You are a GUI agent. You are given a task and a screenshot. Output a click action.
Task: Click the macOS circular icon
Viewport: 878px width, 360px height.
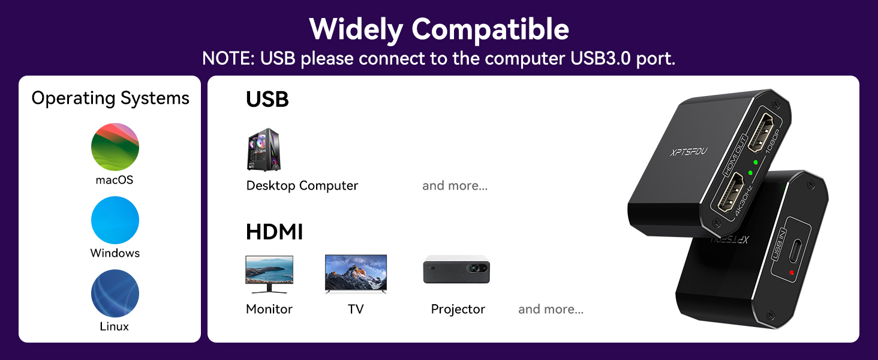(115, 147)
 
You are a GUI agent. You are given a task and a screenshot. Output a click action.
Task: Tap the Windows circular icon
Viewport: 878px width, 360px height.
(115, 220)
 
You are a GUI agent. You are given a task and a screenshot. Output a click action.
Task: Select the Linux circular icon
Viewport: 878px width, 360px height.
(115, 293)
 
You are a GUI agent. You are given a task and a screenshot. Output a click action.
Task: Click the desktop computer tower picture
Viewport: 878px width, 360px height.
(264, 149)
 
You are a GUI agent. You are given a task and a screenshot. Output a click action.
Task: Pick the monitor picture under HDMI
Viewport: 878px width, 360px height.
(269, 274)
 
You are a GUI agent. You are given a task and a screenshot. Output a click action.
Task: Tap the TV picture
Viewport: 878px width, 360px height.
(356, 274)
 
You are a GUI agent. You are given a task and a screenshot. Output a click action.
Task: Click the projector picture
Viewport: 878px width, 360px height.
(456, 269)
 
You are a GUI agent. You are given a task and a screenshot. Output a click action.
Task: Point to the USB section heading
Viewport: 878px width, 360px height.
(267, 100)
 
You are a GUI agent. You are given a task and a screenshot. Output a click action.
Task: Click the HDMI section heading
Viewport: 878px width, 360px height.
(275, 232)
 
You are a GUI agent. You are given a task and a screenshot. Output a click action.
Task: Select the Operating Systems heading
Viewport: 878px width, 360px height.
(110, 98)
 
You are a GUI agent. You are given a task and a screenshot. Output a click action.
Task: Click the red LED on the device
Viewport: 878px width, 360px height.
(792, 273)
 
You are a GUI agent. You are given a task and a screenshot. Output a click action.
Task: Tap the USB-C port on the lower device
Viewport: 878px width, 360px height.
(796, 249)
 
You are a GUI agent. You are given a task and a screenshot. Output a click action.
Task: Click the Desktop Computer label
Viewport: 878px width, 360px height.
(302, 185)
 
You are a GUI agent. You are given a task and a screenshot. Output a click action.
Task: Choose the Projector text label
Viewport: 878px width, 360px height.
(458, 309)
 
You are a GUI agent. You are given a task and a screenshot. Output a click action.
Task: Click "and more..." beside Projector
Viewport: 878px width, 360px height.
(551, 309)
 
